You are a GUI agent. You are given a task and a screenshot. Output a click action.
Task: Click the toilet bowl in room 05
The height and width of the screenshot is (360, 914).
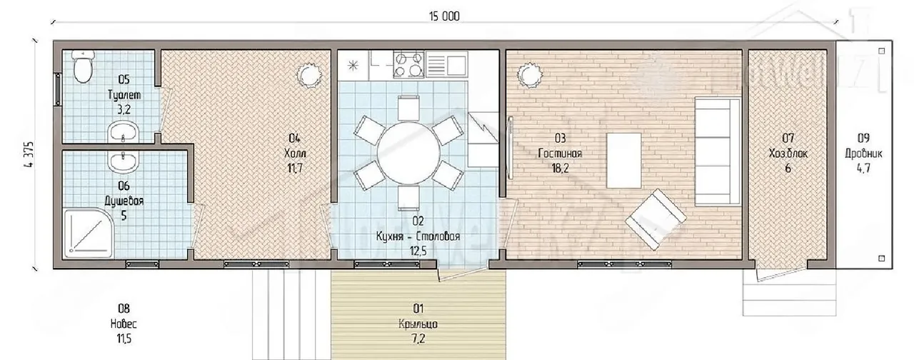[83, 66]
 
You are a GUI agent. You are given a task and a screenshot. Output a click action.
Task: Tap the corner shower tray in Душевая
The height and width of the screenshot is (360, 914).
[88, 234]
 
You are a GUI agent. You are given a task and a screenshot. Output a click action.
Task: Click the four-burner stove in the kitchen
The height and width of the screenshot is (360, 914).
[408, 64]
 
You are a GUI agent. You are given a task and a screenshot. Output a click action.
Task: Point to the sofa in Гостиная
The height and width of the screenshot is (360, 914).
[718, 151]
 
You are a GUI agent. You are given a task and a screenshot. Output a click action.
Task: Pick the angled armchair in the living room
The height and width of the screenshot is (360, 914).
[656, 219]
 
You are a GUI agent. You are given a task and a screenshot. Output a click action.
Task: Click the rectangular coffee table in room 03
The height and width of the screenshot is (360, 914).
[624, 161]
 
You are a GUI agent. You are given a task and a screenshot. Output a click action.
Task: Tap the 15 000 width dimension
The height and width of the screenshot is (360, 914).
[444, 16]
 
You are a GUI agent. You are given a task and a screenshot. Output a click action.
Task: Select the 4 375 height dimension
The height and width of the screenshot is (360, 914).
[29, 154]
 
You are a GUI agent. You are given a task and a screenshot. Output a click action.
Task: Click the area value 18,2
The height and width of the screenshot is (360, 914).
[560, 168]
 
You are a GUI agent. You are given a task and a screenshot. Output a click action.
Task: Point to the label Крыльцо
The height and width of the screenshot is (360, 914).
[418, 324]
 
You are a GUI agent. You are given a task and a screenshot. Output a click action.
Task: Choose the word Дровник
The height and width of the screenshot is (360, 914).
[863, 154]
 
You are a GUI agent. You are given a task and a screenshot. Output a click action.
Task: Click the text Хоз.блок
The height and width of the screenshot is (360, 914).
[788, 154]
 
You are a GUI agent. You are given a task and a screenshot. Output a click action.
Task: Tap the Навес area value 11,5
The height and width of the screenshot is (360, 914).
[124, 339]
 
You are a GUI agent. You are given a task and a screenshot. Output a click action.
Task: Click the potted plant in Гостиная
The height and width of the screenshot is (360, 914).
[530, 75]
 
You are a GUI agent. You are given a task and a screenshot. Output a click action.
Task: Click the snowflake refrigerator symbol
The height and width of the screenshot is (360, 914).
[353, 65]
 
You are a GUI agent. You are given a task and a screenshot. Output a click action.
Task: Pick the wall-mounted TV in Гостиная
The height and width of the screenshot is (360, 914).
[510, 148]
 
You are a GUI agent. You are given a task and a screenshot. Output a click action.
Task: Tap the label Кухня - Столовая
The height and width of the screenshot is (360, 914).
[418, 236]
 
